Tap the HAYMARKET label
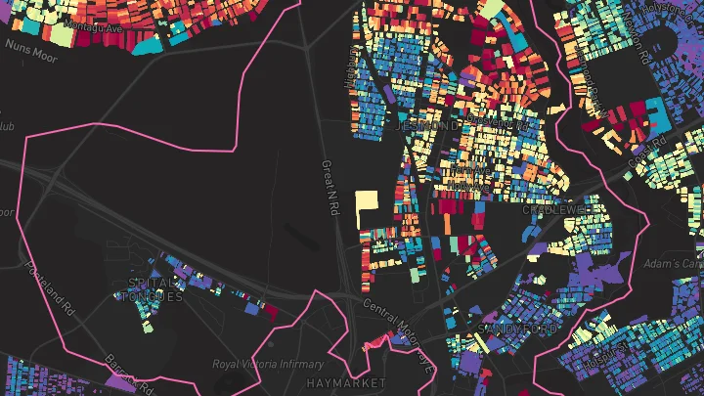345,382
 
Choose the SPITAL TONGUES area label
155,289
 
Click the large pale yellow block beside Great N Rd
367,208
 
